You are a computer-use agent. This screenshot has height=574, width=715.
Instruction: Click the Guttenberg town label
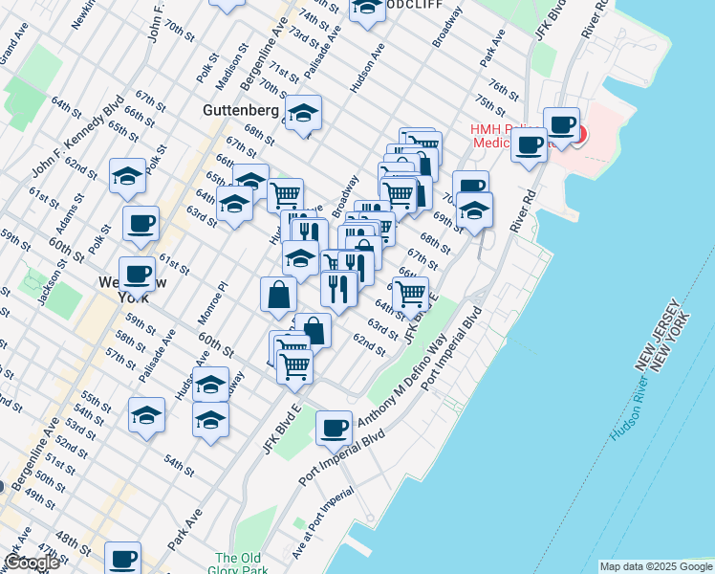(x=240, y=111)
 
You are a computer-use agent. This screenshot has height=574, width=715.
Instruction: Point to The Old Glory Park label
(x=238, y=564)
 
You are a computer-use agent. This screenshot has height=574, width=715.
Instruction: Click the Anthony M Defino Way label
(x=401, y=383)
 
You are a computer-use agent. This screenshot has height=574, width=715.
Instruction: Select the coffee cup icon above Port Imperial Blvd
(x=335, y=427)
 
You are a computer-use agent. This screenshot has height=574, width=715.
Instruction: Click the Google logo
(x=31, y=563)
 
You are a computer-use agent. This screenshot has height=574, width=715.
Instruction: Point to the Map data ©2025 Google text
(x=655, y=566)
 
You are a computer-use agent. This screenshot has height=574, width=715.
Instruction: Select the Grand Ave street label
(x=16, y=50)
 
